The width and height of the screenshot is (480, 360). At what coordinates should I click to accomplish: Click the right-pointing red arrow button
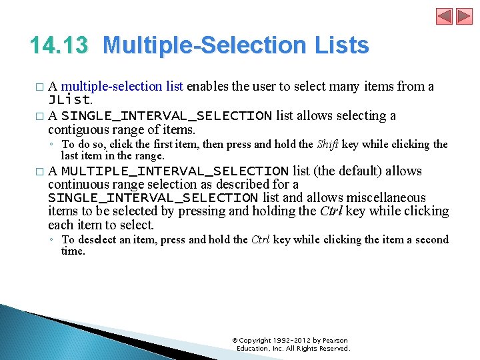click(x=462, y=16)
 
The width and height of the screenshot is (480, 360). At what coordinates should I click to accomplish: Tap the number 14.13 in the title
click(x=59, y=45)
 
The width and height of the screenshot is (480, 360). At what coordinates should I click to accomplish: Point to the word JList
click(x=69, y=100)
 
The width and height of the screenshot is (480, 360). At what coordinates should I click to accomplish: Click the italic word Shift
click(x=327, y=144)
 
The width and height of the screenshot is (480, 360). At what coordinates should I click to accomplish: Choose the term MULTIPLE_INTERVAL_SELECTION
click(x=175, y=171)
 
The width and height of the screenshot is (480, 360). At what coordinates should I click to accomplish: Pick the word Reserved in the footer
click(x=333, y=348)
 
